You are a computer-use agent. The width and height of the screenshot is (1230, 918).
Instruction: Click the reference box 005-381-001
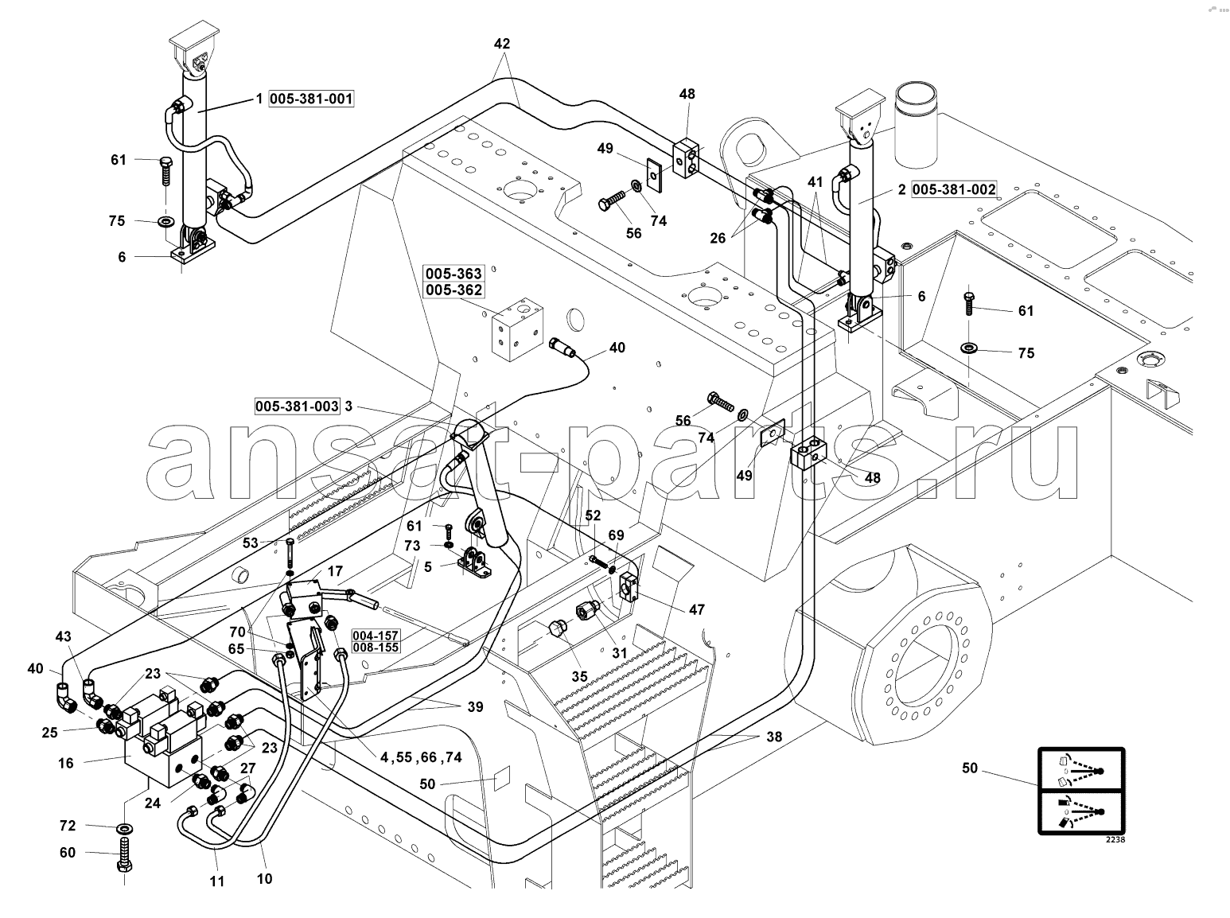click(x=311, y=99)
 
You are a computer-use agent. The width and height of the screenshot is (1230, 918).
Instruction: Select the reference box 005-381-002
click(x=954, y=189)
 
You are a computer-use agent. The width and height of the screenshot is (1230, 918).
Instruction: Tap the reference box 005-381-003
click(x=297, y=406)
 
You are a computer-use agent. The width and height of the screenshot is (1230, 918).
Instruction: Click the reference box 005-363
click(x=453, y=274)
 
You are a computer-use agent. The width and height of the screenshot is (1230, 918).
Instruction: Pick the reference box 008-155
click(x=375, y=648)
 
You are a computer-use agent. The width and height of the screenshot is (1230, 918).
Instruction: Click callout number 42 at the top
click(x=501, y=44)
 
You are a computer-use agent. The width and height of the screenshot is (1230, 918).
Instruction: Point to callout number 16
click(x=65, y=764)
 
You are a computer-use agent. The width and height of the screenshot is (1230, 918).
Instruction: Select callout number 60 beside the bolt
click(x=68, y=853)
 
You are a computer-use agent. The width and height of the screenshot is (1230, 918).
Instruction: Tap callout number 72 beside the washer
click(x=68, y=826)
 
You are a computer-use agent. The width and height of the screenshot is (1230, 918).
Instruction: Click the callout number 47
click(x=696, y=609)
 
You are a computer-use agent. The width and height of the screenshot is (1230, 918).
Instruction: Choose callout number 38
click(x=774, y=737)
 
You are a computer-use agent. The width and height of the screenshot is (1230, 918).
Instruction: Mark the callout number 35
click(x=579, y=677)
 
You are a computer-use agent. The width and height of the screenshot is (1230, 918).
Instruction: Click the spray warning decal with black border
click(x=1081, y=798)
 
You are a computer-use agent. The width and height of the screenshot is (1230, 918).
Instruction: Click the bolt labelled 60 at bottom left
click(x=124, y=856)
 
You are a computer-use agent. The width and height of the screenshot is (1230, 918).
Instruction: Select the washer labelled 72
click(x=124, y=828)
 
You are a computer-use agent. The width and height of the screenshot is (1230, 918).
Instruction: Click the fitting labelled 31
click(x=587, y=609)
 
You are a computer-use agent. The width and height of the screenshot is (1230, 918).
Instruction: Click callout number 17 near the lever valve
click(x=334, y=571)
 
